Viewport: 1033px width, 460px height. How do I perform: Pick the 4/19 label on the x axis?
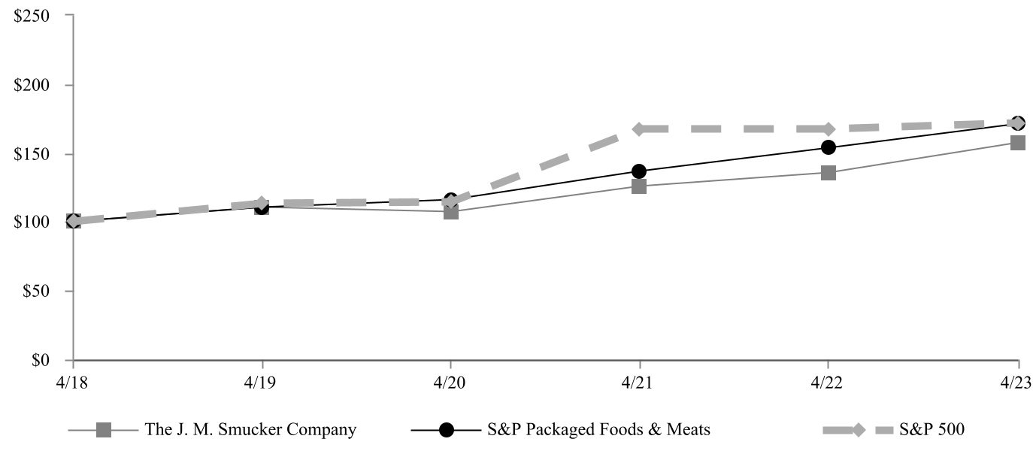[x=261, y=380]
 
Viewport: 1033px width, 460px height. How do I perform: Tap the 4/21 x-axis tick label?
[x=638, y=380]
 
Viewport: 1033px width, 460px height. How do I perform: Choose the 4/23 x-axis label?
[x=1017, y=380]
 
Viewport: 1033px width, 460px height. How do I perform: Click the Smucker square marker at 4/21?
[x=639, y=186]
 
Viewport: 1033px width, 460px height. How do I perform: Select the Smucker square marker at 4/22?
[x=828, y=173]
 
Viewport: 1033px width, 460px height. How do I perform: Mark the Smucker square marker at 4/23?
[x=1018, y=143]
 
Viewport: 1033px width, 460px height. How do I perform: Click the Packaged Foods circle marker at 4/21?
[x=639, y=171]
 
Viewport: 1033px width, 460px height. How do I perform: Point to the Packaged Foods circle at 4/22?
[x=828, y=147]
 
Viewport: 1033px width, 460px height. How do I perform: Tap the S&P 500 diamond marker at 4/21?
[x=639, y=129]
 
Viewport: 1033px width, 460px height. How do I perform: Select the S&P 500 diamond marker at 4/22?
[x=828, y=129]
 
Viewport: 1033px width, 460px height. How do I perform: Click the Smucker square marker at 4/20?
[x=450, y=212]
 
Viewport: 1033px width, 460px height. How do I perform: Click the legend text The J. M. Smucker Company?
[x=251, y=430]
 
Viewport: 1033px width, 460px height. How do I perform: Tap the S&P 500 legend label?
[x=932, y=430]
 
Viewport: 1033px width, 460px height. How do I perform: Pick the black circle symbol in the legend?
[x=447, y=430]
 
